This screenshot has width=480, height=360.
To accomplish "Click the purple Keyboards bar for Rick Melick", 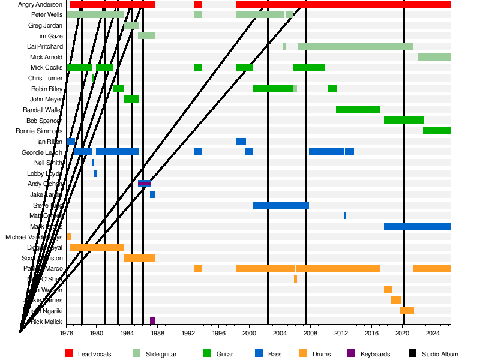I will pos(152,321).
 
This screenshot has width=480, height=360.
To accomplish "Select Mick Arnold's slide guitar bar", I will pos(434,57).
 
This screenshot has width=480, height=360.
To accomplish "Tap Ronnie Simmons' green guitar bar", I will pos(436,131).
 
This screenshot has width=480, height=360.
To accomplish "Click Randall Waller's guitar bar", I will pos(358,110).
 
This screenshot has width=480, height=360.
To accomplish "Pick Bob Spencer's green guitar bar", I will pos(403,120).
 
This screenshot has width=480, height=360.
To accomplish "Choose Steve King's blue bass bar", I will pos(280,205).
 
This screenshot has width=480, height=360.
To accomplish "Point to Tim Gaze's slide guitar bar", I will pos(146,35).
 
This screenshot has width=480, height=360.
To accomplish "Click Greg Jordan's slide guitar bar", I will pos(131,25).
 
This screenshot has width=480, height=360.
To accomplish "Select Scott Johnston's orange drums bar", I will pos(139,258).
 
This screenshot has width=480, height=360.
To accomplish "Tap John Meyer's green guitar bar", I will pos(131,99).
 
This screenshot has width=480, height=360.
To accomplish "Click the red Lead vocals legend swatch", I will pos(69,354).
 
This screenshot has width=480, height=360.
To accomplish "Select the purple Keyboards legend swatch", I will pos(352,354).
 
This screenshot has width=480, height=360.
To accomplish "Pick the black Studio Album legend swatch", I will pos(413,354).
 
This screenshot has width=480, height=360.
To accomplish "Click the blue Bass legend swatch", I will pos(259,354).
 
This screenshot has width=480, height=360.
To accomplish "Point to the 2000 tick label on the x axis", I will pos(250,332).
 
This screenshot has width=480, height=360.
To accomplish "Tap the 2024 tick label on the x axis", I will pos(433,332).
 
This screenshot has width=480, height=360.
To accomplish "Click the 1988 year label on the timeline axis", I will pos(158,332).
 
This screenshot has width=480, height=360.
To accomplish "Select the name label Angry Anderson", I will pos(41,4).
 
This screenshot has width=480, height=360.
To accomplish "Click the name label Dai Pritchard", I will pos(45,46).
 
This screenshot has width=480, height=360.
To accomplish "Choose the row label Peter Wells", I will pos(47,14).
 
